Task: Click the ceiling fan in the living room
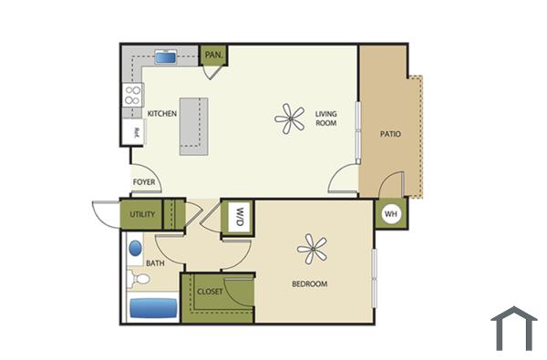point(292,118)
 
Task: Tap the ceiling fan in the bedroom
point(312,248)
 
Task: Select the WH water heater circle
point(391,214)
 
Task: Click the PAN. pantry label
point(213,56)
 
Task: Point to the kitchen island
point(191,122)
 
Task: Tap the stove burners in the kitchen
point(133,95)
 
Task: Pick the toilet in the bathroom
point(139,278)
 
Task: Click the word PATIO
point(390,134)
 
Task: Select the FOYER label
point(145,182)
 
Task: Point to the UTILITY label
point(142,215)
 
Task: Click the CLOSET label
point(210,293)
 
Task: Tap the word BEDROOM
point(309,284)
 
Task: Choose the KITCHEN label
point(162,114)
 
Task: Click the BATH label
point(155,264)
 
